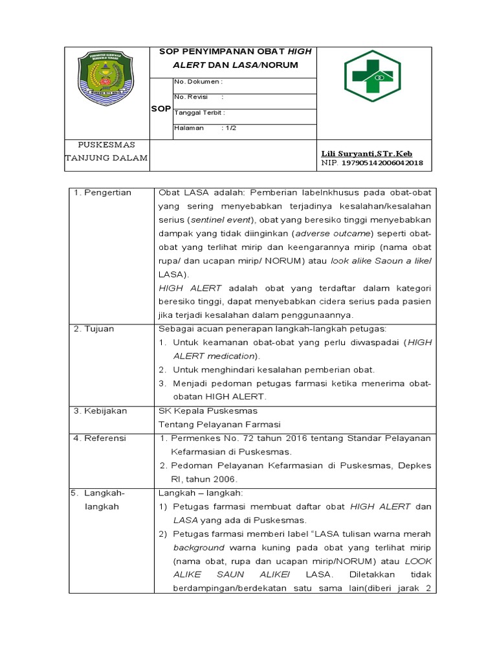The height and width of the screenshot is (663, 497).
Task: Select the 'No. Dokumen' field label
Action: click(198, 82)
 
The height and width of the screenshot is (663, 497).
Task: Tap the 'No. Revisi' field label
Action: click(190, 96)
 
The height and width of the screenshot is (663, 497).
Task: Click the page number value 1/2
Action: click(229, 128)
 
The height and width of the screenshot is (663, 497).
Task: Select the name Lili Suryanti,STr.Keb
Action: click(366, 153)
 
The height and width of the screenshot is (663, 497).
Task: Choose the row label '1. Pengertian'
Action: click(103, 192)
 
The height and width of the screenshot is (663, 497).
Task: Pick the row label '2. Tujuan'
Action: click(94, 329)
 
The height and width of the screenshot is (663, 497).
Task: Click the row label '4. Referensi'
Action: click(100, 438)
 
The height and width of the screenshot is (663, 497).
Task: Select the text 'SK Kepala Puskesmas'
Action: click(208, 410)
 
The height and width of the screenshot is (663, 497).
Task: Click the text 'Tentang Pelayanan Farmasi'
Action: click(219, 424)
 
